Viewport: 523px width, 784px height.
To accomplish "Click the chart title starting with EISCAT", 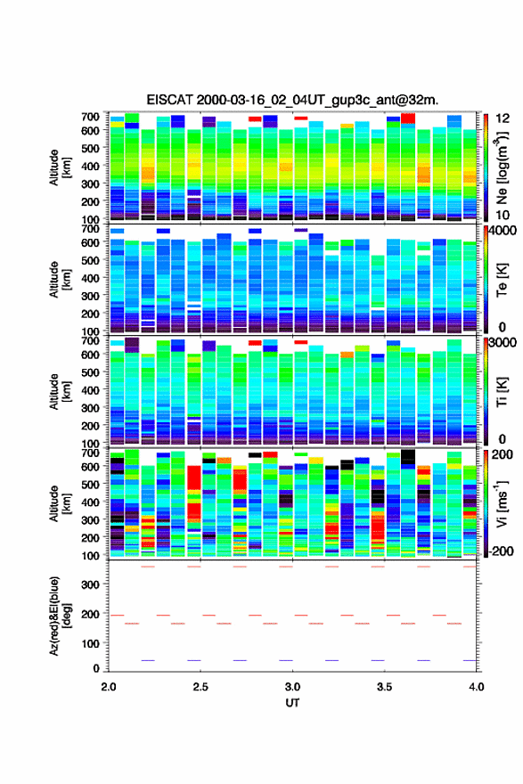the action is pos(292,100).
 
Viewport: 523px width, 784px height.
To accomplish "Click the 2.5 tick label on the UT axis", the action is pos(200,687).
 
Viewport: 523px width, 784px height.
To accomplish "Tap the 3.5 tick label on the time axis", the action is pos(385,687).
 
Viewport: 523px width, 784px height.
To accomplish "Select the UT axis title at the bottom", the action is pos(292,703).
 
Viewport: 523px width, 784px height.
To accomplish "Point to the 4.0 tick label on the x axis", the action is pos(477,687).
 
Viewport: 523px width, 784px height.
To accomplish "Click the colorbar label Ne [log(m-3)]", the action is pos(502,169).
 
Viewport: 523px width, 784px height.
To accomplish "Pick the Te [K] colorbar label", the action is pos(502,281).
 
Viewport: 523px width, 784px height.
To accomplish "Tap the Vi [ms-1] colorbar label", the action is pos(502,503).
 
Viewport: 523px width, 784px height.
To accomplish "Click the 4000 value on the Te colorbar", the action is pos(503,231).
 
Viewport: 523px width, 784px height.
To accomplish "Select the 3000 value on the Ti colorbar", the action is pos(503,343).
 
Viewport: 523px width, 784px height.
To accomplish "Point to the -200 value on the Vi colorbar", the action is pos(502,551).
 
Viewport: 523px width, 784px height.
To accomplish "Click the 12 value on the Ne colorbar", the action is pos(503,118).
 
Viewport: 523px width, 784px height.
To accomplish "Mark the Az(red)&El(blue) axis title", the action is pos(60,616).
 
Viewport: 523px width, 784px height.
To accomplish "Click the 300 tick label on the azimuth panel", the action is pos(90,584).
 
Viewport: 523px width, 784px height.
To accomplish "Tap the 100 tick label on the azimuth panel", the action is pos(90,643).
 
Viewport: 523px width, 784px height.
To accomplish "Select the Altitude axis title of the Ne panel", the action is pos(60,167).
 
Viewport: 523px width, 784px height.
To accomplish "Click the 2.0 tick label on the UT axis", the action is pos(109,687).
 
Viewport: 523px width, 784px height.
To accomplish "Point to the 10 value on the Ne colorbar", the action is pos(503,215).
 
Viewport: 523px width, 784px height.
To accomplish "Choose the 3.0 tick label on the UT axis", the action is pos(292,687).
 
